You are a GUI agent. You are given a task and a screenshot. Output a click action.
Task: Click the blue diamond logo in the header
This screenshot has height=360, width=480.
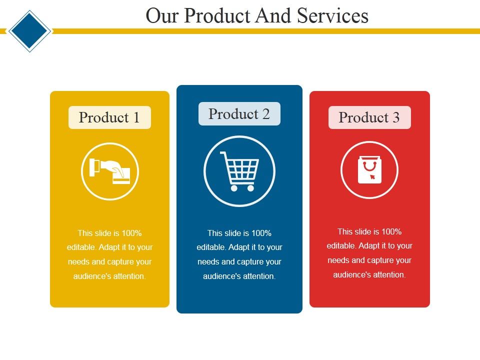coord(29,30)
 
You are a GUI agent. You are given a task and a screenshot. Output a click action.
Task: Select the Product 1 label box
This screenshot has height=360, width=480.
coord(109,117)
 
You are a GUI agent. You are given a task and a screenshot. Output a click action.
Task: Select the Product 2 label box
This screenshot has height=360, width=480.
coord(239,114)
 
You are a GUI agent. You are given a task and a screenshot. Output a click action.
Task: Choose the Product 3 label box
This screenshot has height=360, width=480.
coord(369,117)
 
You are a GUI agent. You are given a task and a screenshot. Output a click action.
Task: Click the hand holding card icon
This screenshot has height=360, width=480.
coord(110,171)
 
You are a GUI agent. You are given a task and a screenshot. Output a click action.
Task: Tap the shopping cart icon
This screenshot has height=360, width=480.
coord(239,170)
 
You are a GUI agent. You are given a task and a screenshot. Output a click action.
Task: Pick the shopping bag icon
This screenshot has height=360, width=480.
coord(369,170)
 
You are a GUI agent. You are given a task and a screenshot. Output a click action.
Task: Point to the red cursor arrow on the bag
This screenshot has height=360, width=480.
coord(372,176)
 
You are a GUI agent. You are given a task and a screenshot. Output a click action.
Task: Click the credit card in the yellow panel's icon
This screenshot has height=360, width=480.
coord(121,175)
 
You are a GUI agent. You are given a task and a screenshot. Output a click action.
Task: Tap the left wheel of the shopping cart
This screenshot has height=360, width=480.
coord(234,188)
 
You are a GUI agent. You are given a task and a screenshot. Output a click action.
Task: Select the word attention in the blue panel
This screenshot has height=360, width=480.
coord(258,276)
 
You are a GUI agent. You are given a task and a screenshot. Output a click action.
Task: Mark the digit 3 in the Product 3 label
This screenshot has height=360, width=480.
coord(396,117)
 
